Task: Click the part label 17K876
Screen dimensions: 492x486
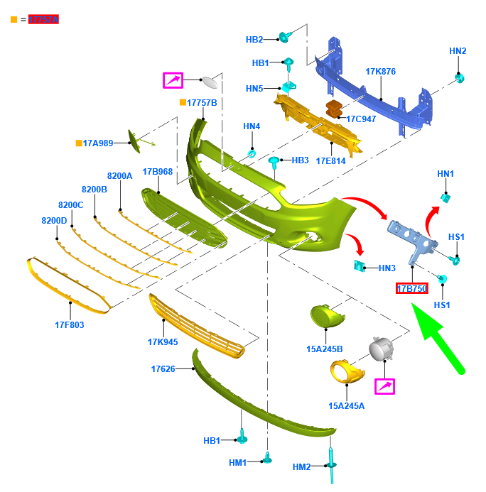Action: [x=380, y=72]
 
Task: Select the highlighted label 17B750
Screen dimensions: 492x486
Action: [x=411, y=288]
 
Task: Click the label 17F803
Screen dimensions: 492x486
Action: [x=70, y=325]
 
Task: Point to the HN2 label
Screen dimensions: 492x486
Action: [x=458, y=51]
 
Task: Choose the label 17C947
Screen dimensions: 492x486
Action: [x=361, y=119]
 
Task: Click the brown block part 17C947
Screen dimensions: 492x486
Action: [x=333, y=109]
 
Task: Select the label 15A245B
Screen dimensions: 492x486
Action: [x=325, y=349]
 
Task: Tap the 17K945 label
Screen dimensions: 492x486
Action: [x=163, y=342]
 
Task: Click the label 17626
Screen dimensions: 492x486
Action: [x=163, y=369]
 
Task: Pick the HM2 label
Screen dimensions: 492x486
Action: [x=302, y=466]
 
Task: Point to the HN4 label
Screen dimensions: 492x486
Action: [x=252, y=126]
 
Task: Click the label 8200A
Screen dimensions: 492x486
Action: [x=120, y=175]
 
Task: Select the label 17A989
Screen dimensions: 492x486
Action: [x=98, y=143]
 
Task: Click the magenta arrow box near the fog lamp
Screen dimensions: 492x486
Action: [x=384, y=386]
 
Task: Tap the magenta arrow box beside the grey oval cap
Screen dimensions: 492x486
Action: [x=173, y=80]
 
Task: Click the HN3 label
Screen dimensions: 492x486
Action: [x=387, y=268]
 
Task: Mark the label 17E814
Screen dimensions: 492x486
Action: [x=330, y=160]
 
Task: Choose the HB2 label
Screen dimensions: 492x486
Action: [x=254, y=39]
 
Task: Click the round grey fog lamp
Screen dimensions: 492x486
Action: [x=380, y=349]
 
